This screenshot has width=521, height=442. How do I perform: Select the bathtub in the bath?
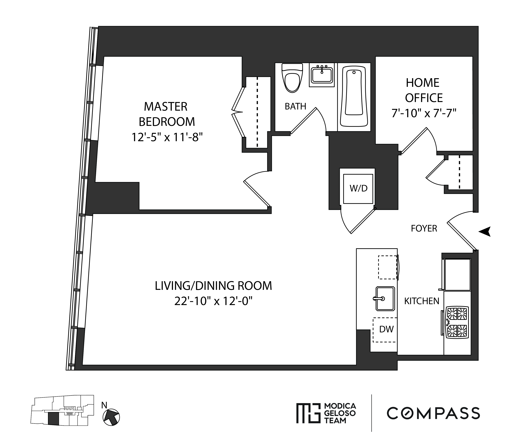pos(354,96)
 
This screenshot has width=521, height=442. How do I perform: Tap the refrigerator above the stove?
pos(457,274)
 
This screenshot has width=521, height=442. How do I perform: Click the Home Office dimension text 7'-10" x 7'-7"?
pos(423,114)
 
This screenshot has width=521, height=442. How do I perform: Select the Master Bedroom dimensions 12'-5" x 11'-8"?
pos(167,137)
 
